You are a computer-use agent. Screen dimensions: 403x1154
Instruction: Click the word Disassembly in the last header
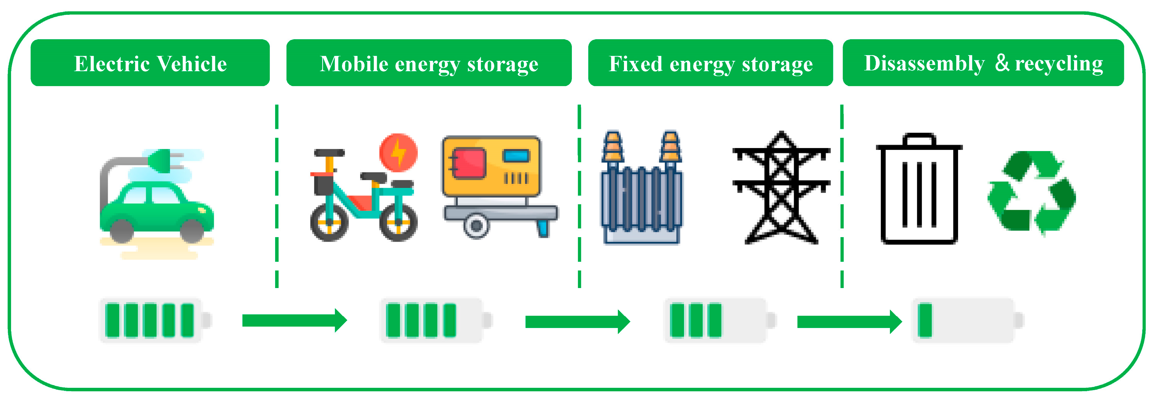click(x=924, y=63)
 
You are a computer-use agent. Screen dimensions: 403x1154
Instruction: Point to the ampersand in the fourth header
click(x=1002, y=63)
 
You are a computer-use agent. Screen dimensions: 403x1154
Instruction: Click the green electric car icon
click(x=157, y=211)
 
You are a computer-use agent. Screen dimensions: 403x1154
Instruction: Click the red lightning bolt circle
click(x=398, y=153)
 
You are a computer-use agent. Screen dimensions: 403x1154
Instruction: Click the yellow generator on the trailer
click(x=492, y=166)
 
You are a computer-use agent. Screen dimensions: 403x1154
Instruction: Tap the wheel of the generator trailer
click(x=476, y=225)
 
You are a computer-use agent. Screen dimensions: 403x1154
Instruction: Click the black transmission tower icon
click(x=781, y=188)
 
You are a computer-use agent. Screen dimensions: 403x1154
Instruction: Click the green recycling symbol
click(x=1032, y=193)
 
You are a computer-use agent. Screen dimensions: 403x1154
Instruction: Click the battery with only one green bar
click(x=968, y=320)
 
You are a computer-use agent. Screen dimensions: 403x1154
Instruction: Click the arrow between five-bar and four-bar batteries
click(x=294, y=320)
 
